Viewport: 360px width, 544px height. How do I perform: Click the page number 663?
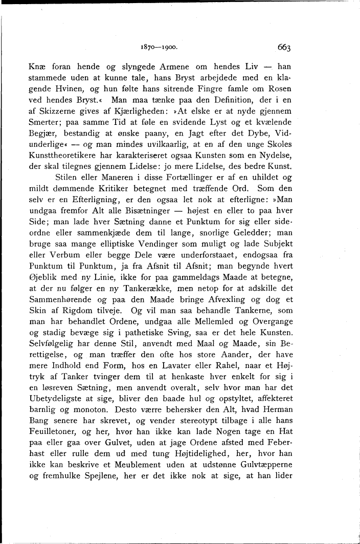[284, 48]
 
